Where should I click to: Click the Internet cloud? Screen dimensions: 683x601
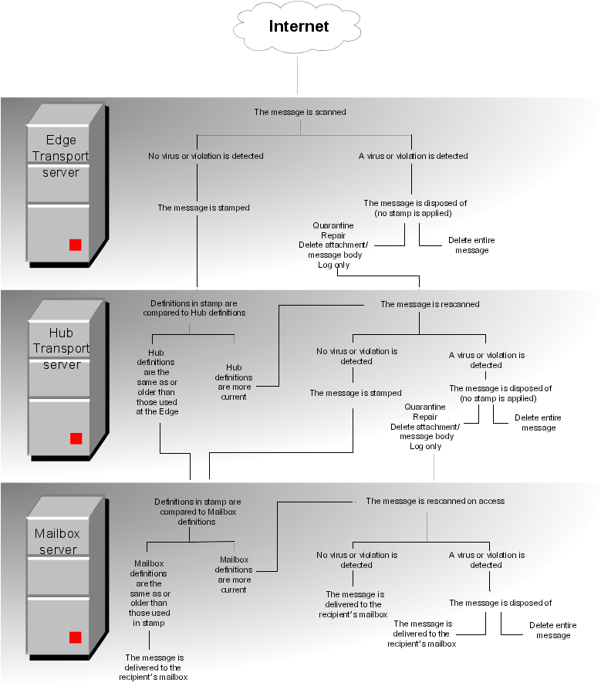pos(299,27)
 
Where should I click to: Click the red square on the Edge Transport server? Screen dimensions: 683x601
pos(75,245)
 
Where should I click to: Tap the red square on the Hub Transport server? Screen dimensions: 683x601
pos(76,438)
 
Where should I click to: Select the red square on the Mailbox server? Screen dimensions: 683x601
pos(75,637)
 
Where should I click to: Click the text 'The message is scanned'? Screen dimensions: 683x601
pos(300,112)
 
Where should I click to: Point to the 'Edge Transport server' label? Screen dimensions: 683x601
pos(61,156)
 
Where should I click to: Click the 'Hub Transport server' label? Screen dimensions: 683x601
pos(61,349)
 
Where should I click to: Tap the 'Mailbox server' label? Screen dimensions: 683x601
pos(58,542)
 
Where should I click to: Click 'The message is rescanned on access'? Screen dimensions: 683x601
pos(435,501)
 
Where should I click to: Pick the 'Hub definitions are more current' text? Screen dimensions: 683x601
pos(233,382)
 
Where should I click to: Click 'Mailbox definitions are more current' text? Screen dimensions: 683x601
pos(233,574)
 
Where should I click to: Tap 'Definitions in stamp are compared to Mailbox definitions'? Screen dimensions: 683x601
pos(198,512)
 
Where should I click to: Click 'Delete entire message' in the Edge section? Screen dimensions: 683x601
pos(471,245)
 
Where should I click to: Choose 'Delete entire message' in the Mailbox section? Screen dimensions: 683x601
pos(552,630)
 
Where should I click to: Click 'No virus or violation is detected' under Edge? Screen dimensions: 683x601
pos(206,156)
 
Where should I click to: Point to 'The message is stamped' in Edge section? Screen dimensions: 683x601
pos(204,208)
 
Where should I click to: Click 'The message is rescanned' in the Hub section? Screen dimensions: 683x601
pos(430,304)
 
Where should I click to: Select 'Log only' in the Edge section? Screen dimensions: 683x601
pos(334,265)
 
